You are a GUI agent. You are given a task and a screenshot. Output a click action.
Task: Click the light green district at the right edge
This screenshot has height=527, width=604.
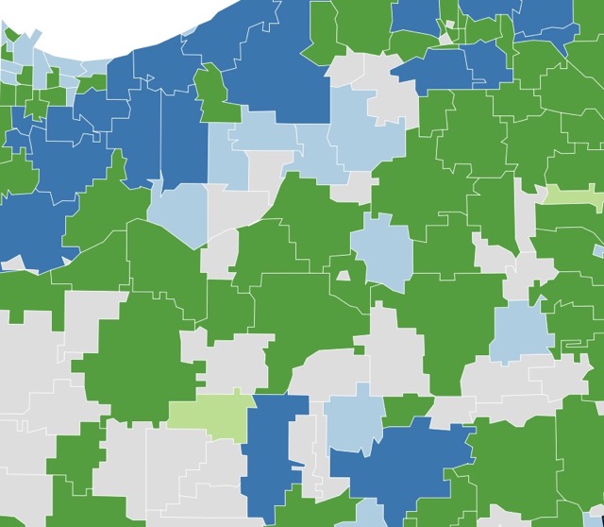(x=573, y=196)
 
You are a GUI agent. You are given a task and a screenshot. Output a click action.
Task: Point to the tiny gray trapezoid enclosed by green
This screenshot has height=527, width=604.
(x=344, y=276)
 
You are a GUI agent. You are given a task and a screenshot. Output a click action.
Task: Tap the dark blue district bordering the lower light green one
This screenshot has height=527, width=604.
(x=274, y=444)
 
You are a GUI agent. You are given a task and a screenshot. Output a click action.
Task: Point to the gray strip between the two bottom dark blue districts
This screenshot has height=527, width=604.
(x=316, y=463)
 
